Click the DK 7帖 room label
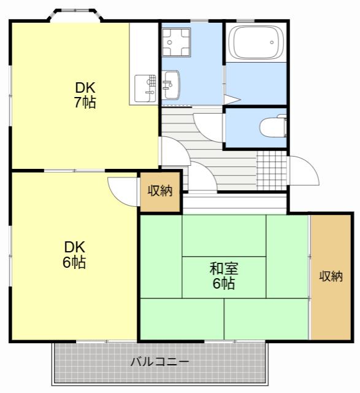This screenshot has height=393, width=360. click(x=85, y=95)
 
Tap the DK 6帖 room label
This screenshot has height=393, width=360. click(x=74, y=255)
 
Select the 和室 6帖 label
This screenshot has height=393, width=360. click(x=224, y=276)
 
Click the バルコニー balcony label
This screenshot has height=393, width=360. click(x=159, y=362)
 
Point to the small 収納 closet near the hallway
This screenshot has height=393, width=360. click(x=160, y=191)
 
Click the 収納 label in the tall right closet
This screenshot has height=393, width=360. click(x=331, y=276)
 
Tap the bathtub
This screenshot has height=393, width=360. click(x=256, y=42)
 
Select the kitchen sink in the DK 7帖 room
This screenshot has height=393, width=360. click(x=145, y=88)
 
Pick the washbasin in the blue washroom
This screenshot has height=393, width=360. click(x=171, y=85)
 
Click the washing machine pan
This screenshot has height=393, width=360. click(x=176, y=42)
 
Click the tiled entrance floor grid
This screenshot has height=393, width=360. click(x=272, y=171)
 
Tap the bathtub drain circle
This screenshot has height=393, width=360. click(x=272, y=42)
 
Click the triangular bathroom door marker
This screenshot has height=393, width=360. click(x=232, y=99)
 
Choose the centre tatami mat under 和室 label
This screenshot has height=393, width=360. click(x=224, y=277)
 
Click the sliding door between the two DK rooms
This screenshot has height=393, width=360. click(x=75, y=171)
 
